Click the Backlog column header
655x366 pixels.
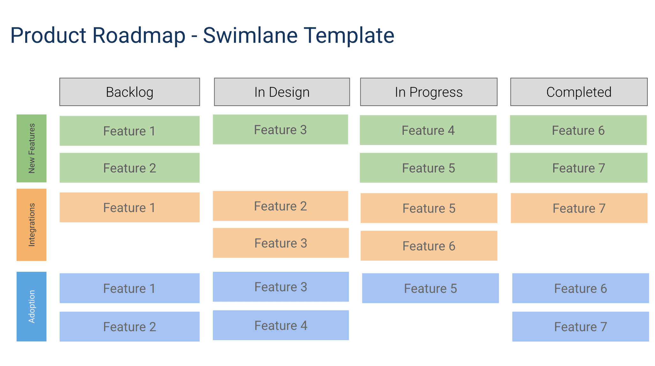130,92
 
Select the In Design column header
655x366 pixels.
282,92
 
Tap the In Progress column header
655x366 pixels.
429,92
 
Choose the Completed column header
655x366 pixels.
579,92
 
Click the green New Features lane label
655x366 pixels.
32,149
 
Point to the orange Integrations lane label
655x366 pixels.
32,225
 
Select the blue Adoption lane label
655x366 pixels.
32,307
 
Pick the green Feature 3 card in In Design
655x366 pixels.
280,130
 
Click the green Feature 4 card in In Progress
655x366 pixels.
428,130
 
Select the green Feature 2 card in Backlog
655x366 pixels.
130,168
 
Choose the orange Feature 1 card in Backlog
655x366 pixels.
130,208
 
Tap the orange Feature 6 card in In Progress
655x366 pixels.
429,246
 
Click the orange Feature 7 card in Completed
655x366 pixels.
579,208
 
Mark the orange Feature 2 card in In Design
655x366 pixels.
280,206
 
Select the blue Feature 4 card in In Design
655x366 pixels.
281,325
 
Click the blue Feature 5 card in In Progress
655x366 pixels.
430,288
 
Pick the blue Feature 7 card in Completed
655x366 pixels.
580,327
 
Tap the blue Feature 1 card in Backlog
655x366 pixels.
130,288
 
